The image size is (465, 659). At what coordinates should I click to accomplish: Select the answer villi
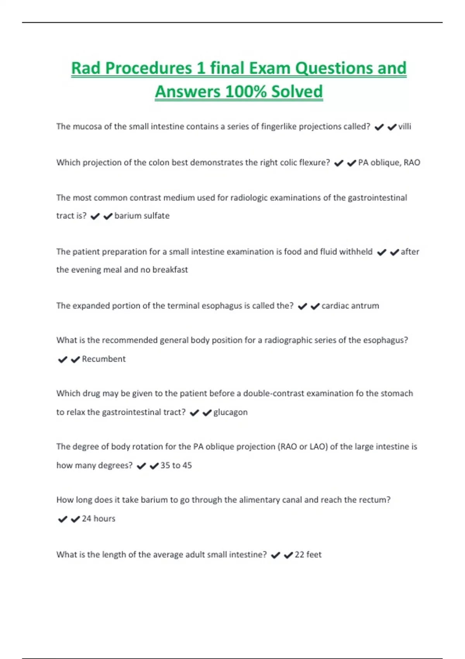click(405, 126)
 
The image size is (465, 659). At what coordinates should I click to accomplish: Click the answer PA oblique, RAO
click(389, 162)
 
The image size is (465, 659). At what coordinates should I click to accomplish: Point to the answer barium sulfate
click(142, 216)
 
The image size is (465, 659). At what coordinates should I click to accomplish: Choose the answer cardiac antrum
click(350, 305)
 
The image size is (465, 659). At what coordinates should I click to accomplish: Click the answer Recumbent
click(104, 359)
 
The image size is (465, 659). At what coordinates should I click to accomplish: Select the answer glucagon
click(230, 412)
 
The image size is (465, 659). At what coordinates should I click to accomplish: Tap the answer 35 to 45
click(176, 465)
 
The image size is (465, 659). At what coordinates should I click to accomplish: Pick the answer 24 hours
click(98, 519)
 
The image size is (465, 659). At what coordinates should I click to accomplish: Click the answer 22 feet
click(308, 555)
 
